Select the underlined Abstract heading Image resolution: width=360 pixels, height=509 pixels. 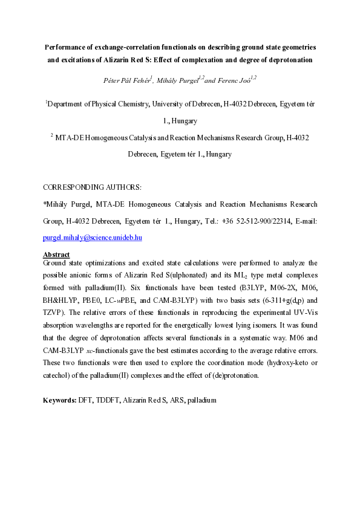56,254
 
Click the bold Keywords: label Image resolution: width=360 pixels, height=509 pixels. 59,401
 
